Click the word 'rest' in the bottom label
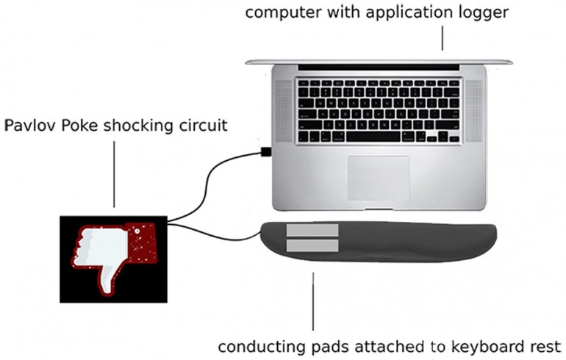pos(546,345)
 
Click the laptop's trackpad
pos(378,177)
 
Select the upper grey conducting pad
pos(312,231)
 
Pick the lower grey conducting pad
pos(312,246)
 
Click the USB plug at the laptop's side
pos(265,152)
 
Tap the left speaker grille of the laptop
pos(283,110)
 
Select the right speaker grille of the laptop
pos(474,110)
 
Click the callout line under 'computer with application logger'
pos(443,37)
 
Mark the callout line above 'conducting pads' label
pos(314,301)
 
